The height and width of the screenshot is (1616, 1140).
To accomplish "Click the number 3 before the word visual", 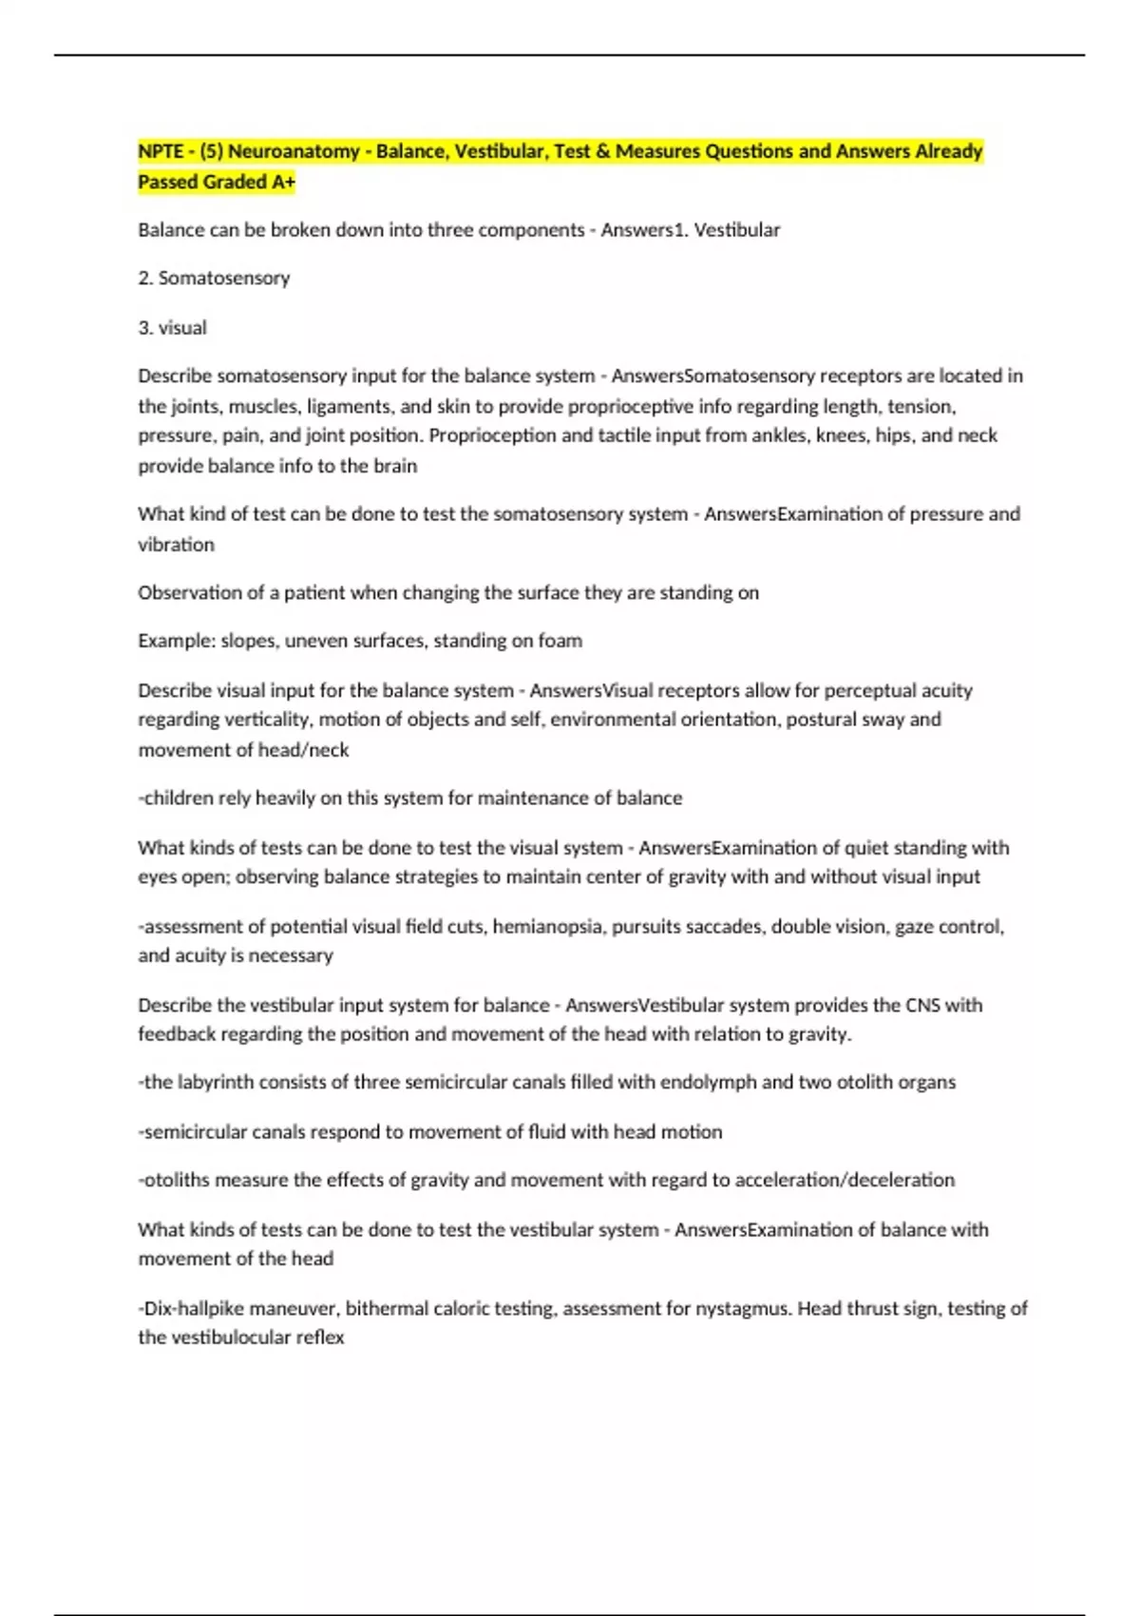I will click(143, 328).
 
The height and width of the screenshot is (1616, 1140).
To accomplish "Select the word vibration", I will click(177, 545).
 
